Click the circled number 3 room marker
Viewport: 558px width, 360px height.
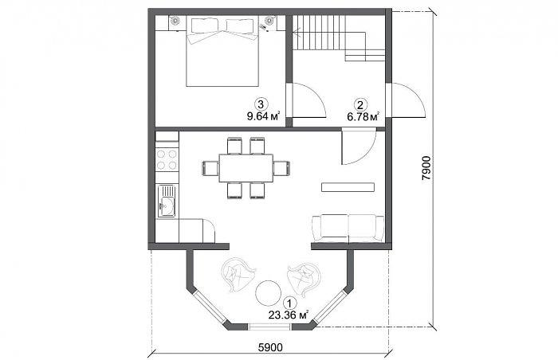(261, 104)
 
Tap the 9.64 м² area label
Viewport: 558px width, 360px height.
(263, 116)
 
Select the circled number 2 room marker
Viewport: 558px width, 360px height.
(360, 105)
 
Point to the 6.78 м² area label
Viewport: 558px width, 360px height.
(363, 117)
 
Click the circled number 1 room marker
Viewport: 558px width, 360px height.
(291, 303)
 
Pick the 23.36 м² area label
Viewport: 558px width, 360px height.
(289, 315)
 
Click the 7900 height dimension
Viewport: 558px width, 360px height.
(426, 168)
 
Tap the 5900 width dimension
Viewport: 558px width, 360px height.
(270, 347)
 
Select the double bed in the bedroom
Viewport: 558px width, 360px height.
(222, 51)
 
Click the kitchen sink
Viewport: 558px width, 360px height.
(167, 201)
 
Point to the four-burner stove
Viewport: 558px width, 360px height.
(167, 160)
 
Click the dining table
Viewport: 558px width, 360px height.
(246, 168)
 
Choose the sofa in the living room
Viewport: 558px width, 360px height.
(348, 228)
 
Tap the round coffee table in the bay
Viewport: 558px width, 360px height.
(268, 293)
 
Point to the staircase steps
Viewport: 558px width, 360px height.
(319, 33)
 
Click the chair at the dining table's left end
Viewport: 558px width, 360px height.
(210, 168)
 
